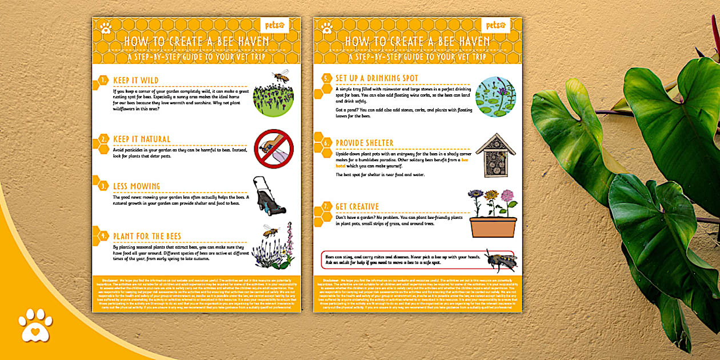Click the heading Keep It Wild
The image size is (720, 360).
coord(136,81)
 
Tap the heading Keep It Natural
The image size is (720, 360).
coord(142,139)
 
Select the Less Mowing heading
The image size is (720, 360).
coord(137,186)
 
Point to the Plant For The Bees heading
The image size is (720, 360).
coord(147,236)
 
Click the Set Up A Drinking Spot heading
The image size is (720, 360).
coord(377,78)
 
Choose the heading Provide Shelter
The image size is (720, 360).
coord(365,143)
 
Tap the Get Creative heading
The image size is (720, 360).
coord(357,206)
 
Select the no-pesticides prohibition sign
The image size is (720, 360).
coord(273,149)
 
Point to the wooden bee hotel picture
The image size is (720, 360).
coord(495,155)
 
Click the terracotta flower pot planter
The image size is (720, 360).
coord(493,226)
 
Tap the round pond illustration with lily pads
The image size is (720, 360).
coord(495,97)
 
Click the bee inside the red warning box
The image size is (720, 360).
coord(501,261)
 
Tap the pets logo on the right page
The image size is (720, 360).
coord(495,25)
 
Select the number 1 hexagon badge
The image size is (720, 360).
coord(103,81)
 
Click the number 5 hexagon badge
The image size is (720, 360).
coord(326,78)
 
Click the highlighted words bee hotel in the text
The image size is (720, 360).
coord(465,160)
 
